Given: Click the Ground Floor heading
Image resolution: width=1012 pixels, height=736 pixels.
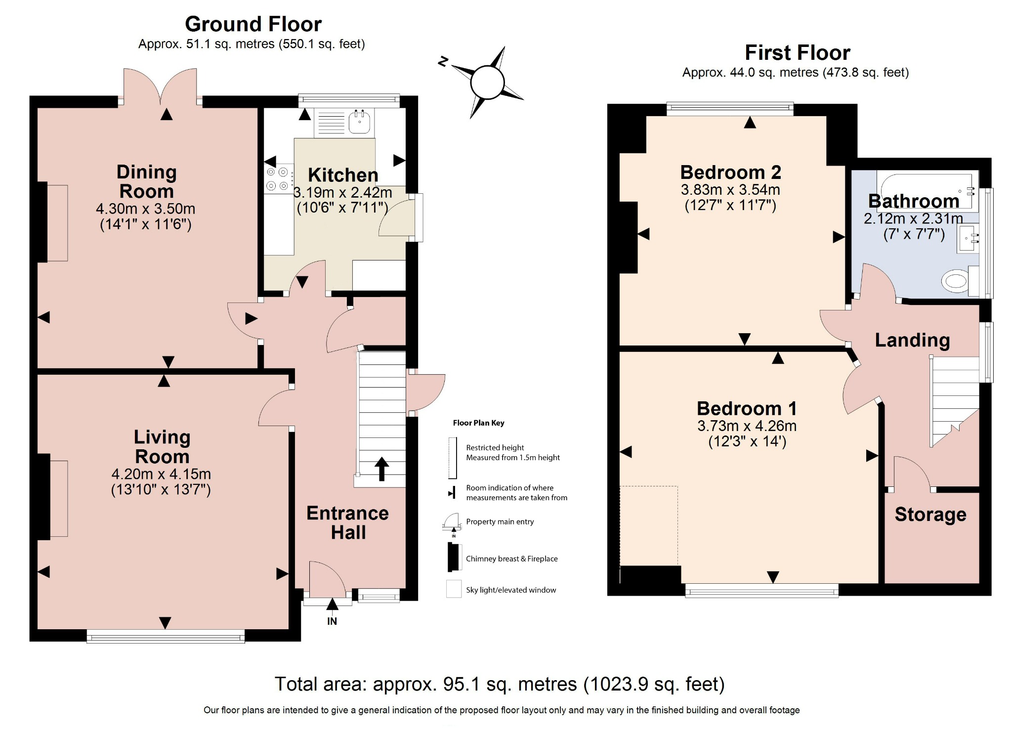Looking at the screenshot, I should pos(253,24).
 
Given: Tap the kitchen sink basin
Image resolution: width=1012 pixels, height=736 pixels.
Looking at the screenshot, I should pos(359,122).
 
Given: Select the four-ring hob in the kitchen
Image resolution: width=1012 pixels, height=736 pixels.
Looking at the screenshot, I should pos(278,179).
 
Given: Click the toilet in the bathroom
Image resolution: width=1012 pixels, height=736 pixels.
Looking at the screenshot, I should pos(956,282).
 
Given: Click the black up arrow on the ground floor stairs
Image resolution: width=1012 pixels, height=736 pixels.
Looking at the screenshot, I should pos(381,469).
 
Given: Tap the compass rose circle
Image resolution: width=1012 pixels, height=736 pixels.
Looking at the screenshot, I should pos(487,83).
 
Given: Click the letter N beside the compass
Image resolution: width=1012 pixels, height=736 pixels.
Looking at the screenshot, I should pos(443,61).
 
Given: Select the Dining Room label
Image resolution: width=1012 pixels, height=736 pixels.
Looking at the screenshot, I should pos(146,181).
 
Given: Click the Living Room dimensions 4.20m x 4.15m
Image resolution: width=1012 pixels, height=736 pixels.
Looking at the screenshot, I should pos(161,474).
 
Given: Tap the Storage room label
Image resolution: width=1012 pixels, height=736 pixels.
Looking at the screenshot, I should pos(930,515).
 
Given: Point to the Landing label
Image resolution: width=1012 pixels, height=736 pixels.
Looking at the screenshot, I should pos(912,340).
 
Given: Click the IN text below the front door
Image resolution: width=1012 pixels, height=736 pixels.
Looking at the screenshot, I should pos(332,621).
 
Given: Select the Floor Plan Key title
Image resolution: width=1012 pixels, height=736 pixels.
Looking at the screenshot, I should pos(478,423).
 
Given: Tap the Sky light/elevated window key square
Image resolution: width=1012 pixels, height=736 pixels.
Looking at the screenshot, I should pos(454,589).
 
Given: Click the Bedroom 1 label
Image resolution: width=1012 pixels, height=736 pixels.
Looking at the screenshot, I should pos(747,408).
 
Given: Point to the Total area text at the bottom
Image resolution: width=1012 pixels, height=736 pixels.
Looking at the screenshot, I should pos(500,684).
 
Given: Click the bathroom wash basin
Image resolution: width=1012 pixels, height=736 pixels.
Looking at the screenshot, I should pos(968,239).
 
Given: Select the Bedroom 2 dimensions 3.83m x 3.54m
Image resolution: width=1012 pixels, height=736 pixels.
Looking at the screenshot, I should pos(730,189).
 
